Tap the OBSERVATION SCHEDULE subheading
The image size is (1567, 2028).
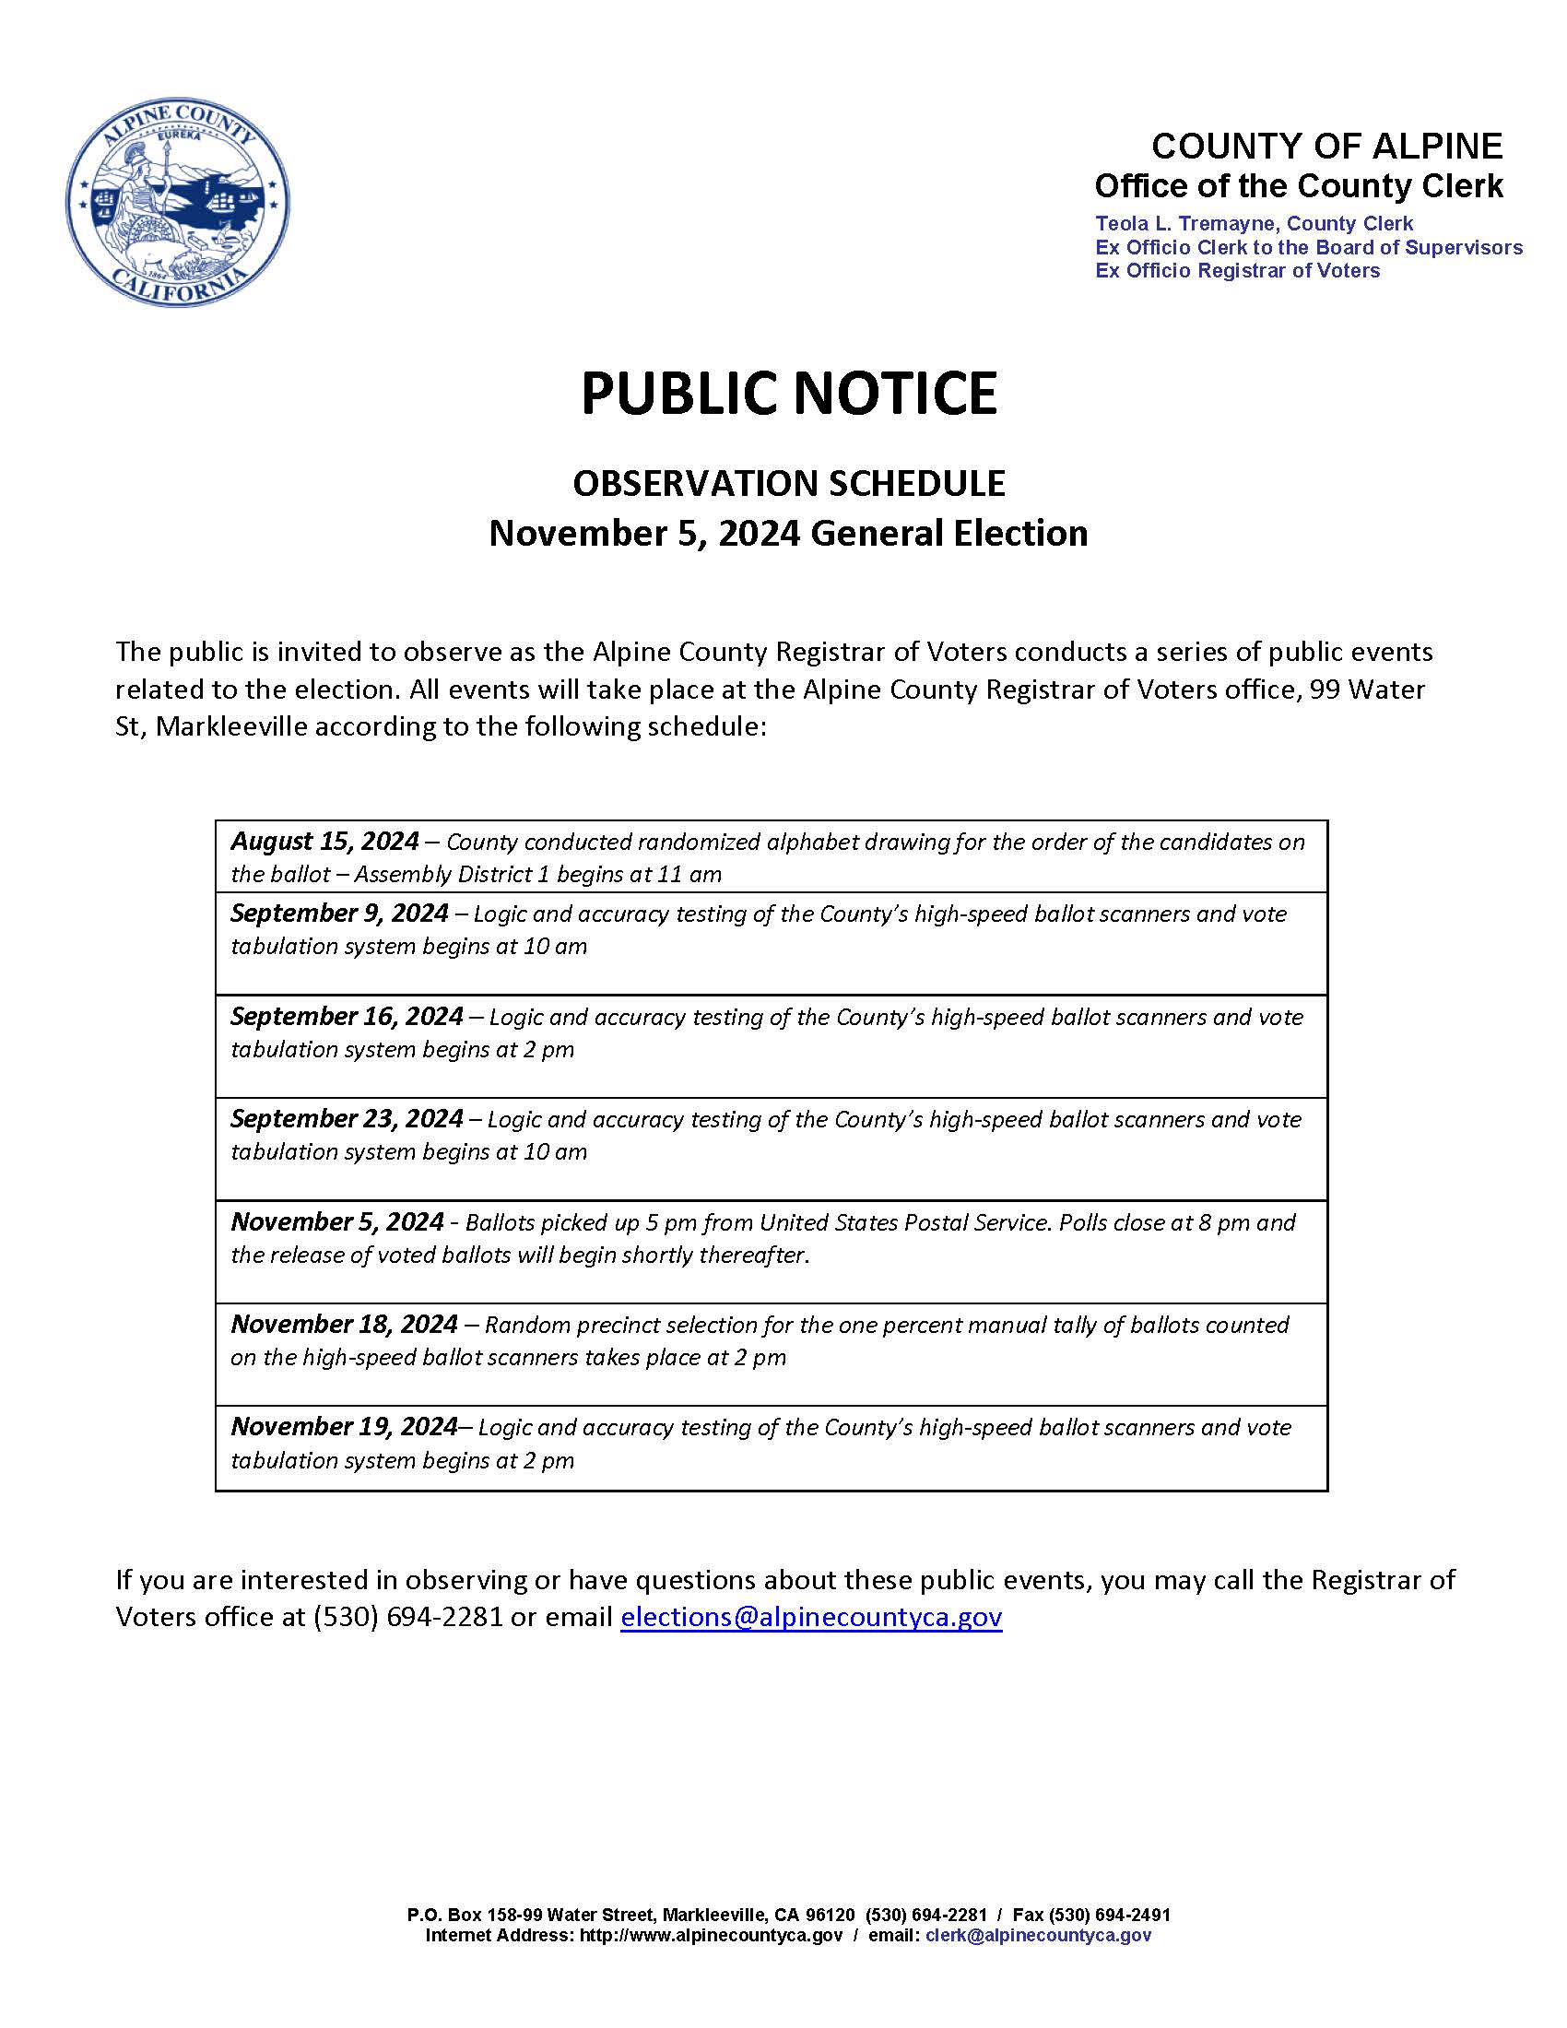point(788,483)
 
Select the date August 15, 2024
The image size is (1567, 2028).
point(324,842)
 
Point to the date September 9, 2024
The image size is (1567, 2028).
point(339,914)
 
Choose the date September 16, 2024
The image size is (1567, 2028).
point(347,1017)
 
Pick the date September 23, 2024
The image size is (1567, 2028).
point(347,1119)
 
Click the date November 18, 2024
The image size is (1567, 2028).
point(345,1324)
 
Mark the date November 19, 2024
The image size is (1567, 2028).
point(345,1426)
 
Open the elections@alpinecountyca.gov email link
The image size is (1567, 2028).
point(810,1617)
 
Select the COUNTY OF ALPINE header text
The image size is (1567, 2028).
point(1326,147)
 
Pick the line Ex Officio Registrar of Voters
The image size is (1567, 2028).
point(1236,271)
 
